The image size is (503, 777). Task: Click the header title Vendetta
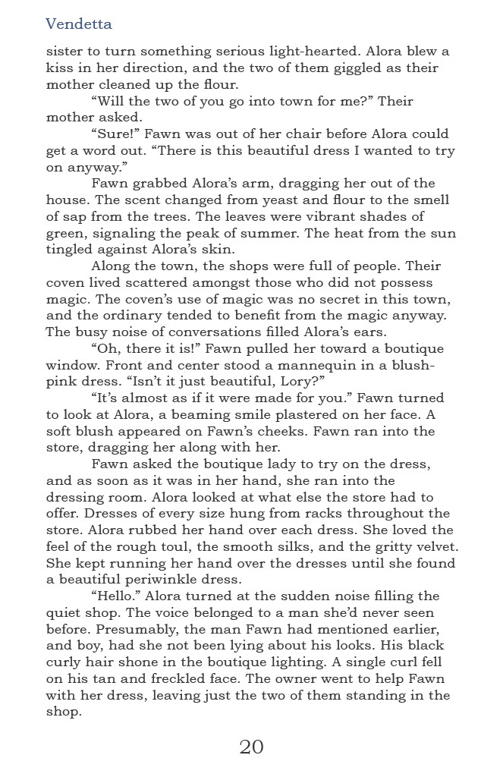(x=79, y=24)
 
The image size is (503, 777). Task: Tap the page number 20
(x=251, y=747)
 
